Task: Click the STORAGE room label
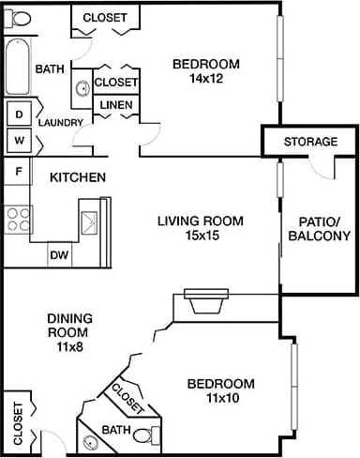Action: coord(310,142)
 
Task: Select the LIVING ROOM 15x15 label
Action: coord(200,229)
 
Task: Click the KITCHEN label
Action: coord(77,177)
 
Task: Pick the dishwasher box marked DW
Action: coord(58,254)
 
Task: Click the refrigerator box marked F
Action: coord(17,172)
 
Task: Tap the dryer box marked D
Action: coord(17,114)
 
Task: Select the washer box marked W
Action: coord(17,140)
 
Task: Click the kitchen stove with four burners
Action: coord(18,219)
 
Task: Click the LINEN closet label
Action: coord(116,104)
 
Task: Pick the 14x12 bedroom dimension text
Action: coord(206,79)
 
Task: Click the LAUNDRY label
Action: coord(62,123)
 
